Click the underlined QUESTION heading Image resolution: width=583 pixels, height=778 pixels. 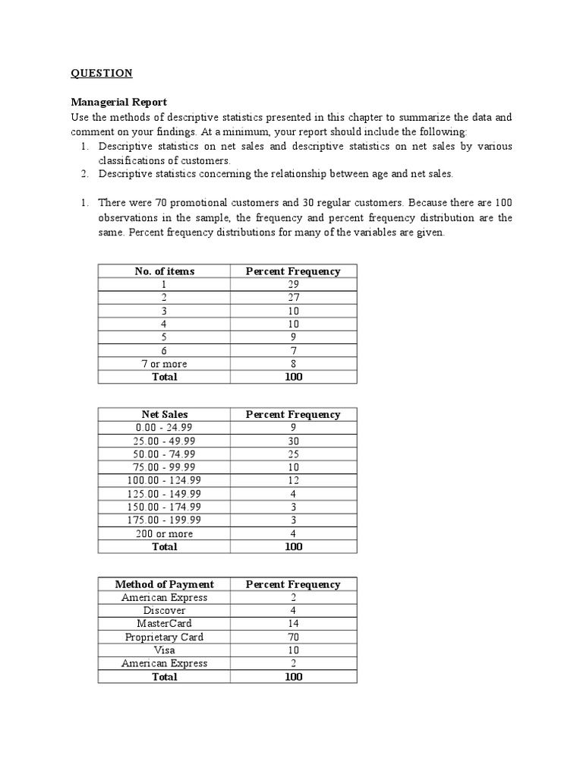pyautogui.click(x=102, y=73)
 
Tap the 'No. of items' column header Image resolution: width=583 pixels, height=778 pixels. pyautogui.click(x=165, y=271)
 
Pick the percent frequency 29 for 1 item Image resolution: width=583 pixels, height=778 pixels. pyautogui.click(x=293, y=284)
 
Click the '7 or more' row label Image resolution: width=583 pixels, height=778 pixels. pyautogui.click(x=165, y=364)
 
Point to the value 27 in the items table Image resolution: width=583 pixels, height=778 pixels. pyautogui.click(x=293, y=298)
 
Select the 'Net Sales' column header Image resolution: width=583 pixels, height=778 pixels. pyautogui.click(x=165, y=415)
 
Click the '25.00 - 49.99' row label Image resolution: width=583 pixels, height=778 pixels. pyautogui.click(x=165, y=441)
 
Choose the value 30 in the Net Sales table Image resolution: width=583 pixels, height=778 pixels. pyautogui.click(x=293, y=441)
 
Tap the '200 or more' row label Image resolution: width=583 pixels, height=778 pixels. pyautogui.click(x=165, y=534)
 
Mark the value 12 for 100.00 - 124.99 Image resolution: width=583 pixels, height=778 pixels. pyautogui.click(x=293, y=481)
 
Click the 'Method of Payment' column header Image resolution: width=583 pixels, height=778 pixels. pyautogui.click(x=165, y=584)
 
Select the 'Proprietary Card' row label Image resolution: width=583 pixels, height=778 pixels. pyautogui.click(x=165, y=637)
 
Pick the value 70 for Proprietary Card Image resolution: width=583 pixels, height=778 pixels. pyautogui.click(x=293, y=637)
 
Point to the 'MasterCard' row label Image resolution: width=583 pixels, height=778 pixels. pyautogui.click(x=165, y=624)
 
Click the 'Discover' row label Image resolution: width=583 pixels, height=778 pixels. pyautogui.click(x=165, y=611)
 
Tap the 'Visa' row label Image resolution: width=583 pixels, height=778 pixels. pyautogui.click(x=165, y=650)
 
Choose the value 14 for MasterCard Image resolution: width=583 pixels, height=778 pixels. pyautogui.click(x=293, y=624)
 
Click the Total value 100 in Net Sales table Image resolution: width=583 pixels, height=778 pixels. pyautogui.click(x=293, y=547)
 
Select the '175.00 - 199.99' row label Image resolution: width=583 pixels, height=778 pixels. pyautogui.click(x=165, y=520)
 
